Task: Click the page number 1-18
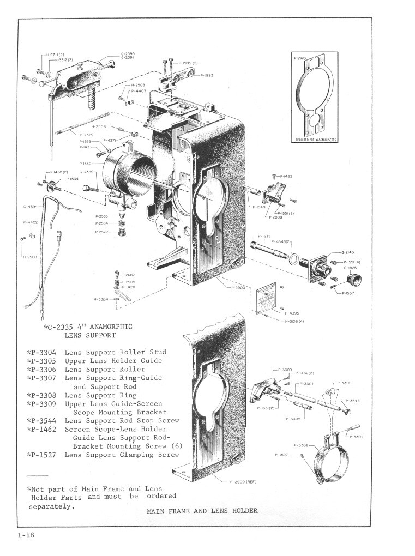26,536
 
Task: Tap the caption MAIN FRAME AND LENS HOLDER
202,511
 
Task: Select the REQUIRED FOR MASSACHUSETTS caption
316,139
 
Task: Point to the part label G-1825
350,268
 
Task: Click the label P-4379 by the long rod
86,134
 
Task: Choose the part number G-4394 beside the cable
30,207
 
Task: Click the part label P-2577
101,232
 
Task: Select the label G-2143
348,252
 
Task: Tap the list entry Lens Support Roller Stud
115,352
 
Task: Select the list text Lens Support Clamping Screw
122,455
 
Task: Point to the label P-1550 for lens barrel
86,163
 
